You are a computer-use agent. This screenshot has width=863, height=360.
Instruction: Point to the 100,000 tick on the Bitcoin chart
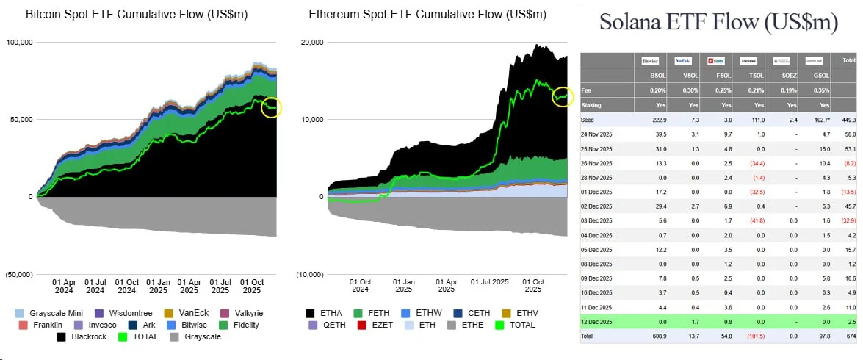click(x=19, y=43)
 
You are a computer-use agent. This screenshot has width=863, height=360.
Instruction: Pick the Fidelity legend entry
click(x=241, y=325)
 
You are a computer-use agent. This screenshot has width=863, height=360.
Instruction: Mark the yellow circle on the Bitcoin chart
click(x=271, y=108)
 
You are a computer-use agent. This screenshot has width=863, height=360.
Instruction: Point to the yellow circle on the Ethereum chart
click(x=563, y=96)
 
